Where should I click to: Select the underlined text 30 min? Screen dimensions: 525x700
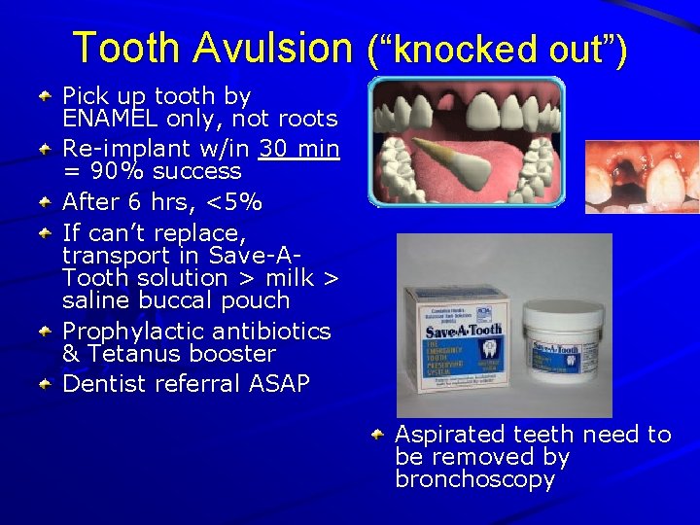[299, 149]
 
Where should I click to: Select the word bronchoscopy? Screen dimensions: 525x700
[474, 479]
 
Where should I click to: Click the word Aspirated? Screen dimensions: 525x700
[443, 435]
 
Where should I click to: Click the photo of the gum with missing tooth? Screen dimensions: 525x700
[642, 177]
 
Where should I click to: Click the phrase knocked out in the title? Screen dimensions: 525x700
[496, 49]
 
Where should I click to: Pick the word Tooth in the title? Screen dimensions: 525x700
[126, 47]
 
